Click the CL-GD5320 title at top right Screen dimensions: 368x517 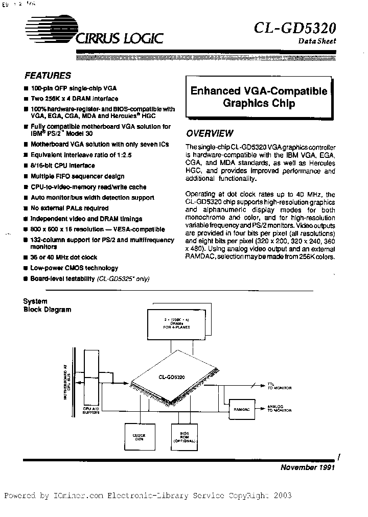coord(294,27)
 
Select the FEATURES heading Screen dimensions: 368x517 coord(48,75)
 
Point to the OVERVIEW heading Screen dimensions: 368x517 coord(210,133)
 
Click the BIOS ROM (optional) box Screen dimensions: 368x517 coord(184,438)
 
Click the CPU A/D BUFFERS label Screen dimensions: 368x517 coord(92,411)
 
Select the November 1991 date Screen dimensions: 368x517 coord(307,467)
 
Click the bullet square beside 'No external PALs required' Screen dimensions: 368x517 coord(26,208)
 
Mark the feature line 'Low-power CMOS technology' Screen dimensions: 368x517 coord(74,268)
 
